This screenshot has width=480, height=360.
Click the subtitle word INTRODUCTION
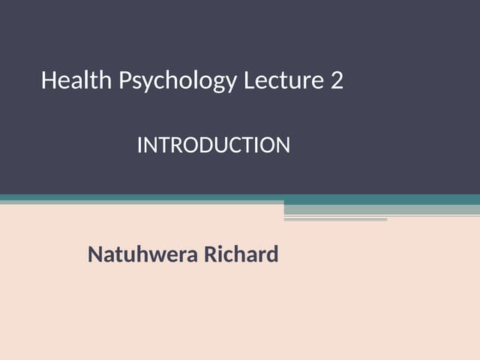pyautogui.click(x=213, y=145)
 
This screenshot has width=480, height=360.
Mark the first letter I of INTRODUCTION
pyautogui.click(x=139, y=145)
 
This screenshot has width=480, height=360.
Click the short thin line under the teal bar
pyautogui.click(x=335, y=220)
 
